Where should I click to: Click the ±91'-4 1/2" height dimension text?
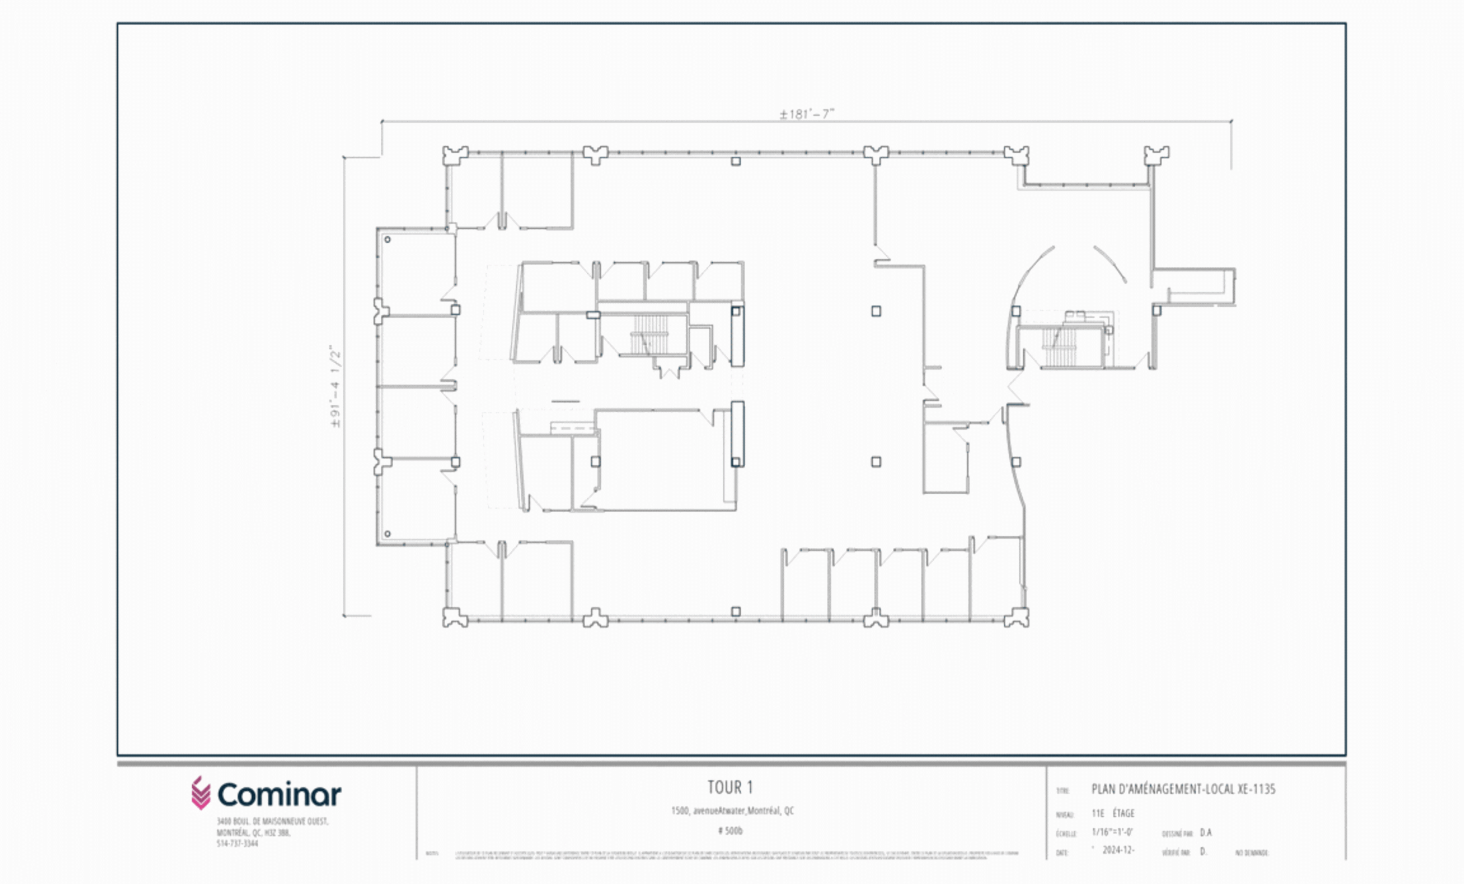336,386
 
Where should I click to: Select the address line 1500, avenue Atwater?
732,810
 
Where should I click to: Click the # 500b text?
730,831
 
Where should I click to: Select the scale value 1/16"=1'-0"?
1112,832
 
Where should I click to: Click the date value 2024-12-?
1118,850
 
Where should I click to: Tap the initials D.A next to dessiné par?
1206,832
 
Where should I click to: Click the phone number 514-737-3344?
237,843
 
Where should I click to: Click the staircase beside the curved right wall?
1058,346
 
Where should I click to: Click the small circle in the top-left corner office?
387,239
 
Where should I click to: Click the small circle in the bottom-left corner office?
387,534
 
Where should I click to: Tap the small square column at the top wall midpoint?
736,161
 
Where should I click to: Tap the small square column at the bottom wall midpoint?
736,611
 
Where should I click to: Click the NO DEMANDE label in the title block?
1252,853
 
